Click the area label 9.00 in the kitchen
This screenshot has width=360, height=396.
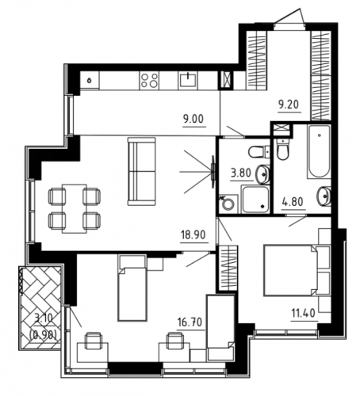[193, 120]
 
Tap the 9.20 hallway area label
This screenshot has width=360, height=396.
[289, 105]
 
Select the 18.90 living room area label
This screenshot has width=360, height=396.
[193, 234]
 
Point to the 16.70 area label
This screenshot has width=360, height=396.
[190, 322]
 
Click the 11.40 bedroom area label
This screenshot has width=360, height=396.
[304, 314]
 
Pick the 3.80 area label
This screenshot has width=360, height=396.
[240, 173]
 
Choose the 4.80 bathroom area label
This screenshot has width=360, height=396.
[293, 202]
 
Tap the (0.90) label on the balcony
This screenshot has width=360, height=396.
[43, 335]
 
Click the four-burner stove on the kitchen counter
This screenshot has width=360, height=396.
[149, 80]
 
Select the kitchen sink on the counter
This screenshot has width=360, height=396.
[188, 80]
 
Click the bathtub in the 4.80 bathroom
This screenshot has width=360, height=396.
[319, 151]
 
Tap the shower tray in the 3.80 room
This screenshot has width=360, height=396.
[255, 199]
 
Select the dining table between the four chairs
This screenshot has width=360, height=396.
[75, 208]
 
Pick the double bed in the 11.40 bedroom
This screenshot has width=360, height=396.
[297, 270]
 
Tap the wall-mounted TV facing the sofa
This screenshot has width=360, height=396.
[213, 172]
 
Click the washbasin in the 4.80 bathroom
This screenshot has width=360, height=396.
[324, 196]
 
